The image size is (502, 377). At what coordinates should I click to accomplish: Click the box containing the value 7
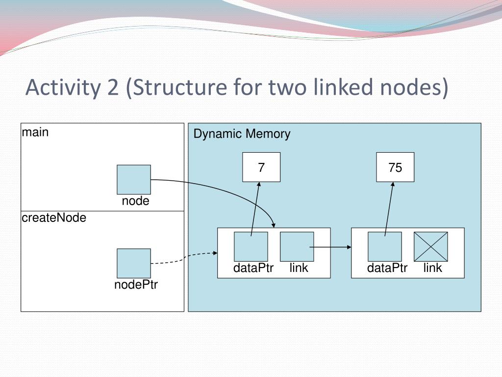tap(261, 167)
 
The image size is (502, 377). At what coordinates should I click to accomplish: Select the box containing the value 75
tap(395, 167)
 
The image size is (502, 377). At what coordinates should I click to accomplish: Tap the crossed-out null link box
tap(431, 246)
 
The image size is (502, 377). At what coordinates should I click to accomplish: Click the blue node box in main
tap(134, 180)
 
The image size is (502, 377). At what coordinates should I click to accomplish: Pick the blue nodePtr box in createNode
tap(134, 263)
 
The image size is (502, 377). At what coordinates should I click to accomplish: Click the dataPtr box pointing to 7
tap(251, 246)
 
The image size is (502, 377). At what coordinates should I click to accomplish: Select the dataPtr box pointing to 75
tap(385, 246)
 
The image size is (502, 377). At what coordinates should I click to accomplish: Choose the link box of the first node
tap(297, 246)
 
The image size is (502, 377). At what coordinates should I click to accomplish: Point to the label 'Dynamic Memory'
tap(242, 134)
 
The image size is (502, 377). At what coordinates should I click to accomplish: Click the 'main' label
tap(35, 132)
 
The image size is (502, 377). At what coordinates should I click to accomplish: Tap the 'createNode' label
tap(54, 218)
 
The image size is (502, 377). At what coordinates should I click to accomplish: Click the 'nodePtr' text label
tap(136, 285)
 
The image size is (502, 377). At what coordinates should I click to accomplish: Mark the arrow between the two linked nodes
tap(331, 247)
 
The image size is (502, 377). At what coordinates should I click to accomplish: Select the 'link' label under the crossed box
tap(433, 268)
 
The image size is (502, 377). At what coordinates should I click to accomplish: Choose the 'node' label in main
tap(136, 201)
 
